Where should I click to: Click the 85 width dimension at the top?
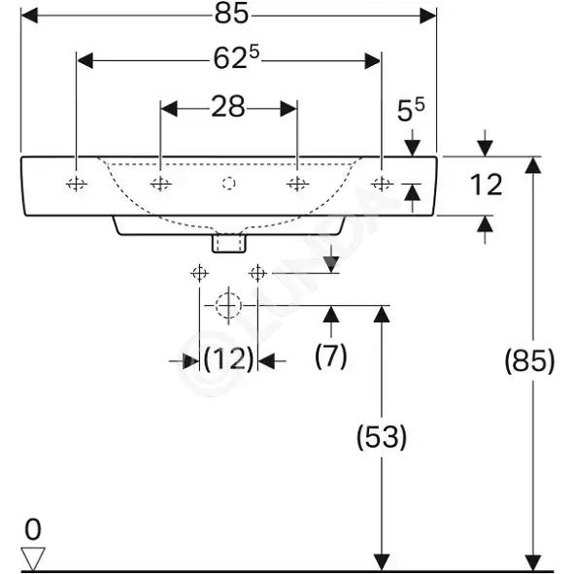pos(231,15)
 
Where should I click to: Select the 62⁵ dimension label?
pos(236,57)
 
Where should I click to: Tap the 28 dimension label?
pos(227,107)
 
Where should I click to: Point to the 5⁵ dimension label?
pos(411,110)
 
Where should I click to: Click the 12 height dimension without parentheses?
pos(486,185)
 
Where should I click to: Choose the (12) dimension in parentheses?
pos(228,358)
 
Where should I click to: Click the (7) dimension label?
pos(330,355)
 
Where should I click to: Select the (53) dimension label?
pos(382,436)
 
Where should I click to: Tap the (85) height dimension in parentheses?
pos(529,361)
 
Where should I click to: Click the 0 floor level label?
pos(33,529)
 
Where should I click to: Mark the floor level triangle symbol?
pos(33,558)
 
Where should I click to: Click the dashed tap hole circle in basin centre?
pos(229,184)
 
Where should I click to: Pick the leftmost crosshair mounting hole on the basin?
pos(77,184)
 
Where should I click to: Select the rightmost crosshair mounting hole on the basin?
pos(382,184)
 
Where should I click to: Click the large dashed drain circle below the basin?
pos(228,305)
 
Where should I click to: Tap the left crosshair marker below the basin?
pos(199,273)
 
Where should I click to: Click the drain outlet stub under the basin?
pos(229,244)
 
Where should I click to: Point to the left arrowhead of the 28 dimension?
pos(169,109)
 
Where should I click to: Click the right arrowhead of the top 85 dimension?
pos(428,16)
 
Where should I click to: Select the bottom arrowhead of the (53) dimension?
pos(382,562)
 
